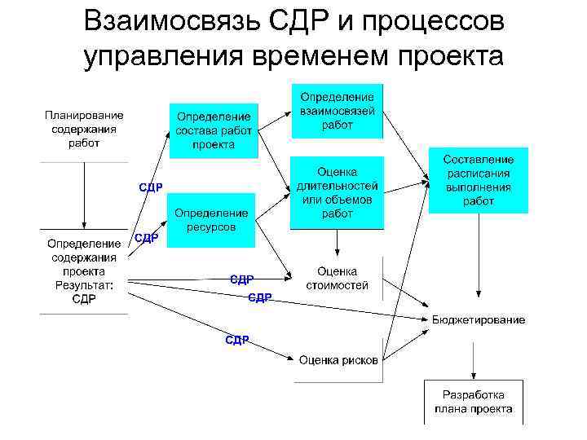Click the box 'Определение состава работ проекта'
(x=214, y=130)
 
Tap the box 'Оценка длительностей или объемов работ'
(x=337, y=192)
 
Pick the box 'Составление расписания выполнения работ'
(x=479, y=180)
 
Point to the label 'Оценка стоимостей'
(x=337, y=278)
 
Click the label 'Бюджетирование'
(x=478, y=319)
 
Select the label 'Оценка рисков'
(x=338, y=360)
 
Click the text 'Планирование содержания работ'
(x=84, y=130)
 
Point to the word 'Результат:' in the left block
(x=84, y=284)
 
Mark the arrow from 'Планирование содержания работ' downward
(x=84, y=196)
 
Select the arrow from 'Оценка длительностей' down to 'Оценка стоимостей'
(x=337, y=243)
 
